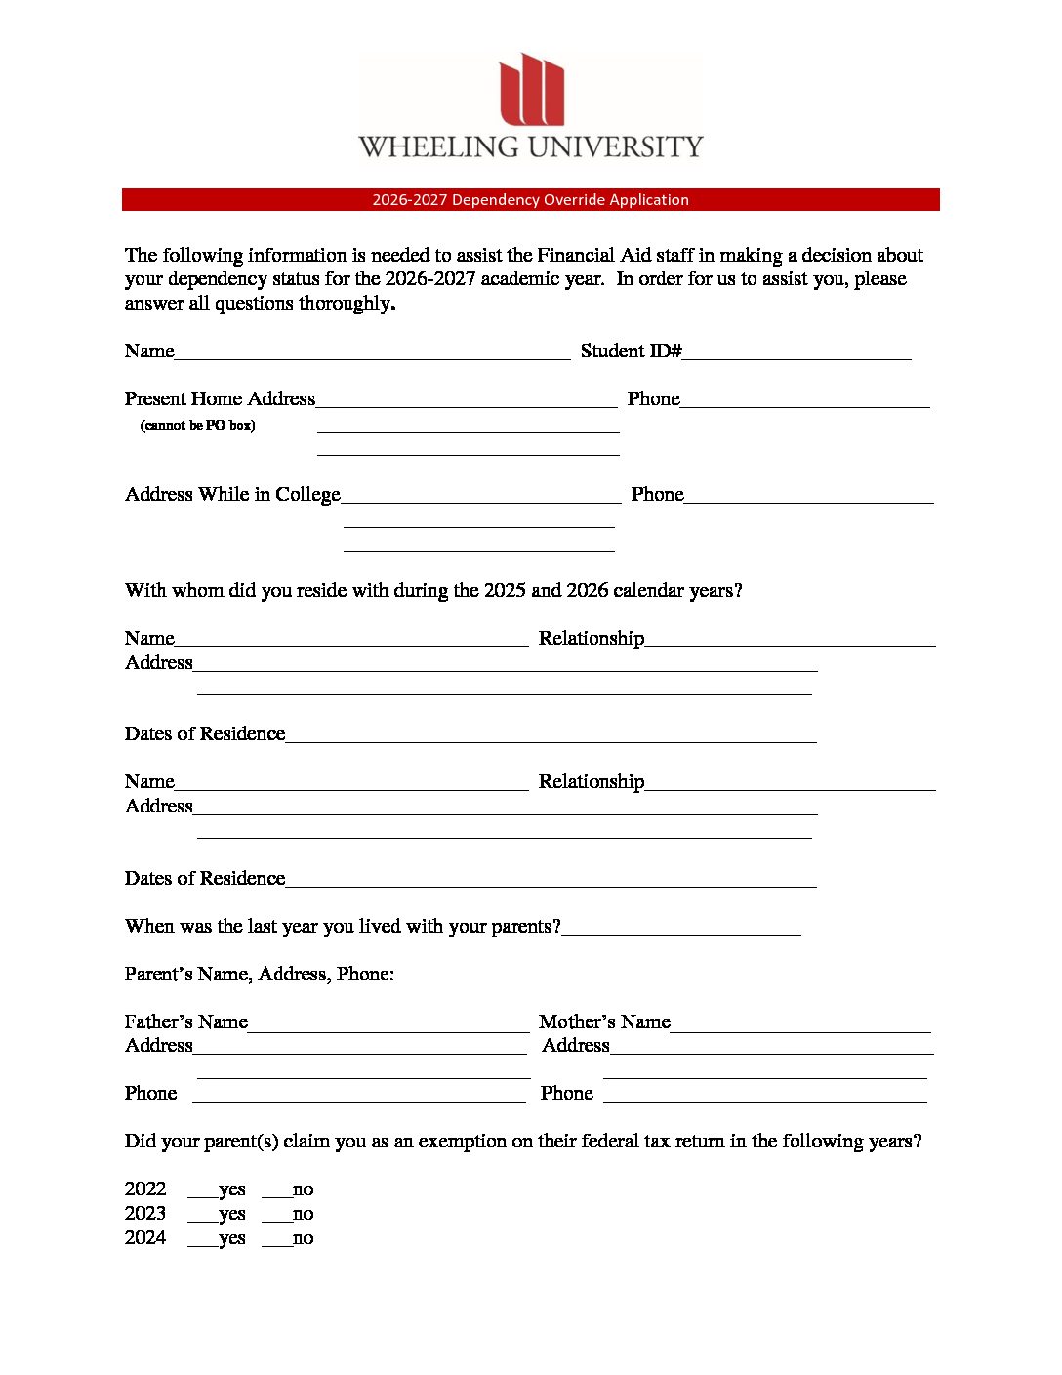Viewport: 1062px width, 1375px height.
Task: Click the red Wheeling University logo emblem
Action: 532,90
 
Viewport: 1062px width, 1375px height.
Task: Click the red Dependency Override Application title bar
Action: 530,200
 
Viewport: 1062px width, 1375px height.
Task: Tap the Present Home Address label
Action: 220,399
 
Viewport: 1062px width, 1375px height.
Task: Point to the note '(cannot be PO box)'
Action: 197,426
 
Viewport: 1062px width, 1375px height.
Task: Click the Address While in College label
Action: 232,495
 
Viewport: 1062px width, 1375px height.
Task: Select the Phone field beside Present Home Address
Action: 804,400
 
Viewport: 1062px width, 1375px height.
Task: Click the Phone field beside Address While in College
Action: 808,496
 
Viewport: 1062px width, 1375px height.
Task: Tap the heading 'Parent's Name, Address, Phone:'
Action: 259,975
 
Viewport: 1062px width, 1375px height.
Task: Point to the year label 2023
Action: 145,1214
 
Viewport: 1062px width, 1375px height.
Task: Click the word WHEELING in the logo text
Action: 438,147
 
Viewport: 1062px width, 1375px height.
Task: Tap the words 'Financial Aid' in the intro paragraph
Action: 589,256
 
